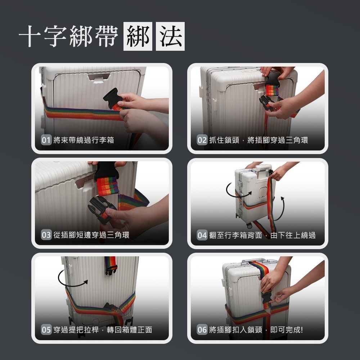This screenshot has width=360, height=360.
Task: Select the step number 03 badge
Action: click(x=46, y=235)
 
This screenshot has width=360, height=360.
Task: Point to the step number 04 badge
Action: click(x=202, y=235)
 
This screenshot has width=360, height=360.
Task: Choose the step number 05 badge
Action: click(x=46, y=330)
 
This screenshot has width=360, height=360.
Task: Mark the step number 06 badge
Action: click(x=202, y=330)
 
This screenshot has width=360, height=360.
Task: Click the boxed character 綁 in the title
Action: click(x=138, y=36)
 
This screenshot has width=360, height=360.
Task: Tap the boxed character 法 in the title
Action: click(x=170, y=36)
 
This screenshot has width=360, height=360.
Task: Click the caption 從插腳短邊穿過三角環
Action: click(x=91, y=235)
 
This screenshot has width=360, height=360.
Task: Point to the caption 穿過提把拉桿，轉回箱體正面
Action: click(x=103, y=330)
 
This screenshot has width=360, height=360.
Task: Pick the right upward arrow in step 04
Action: click(x=283, y=209)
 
